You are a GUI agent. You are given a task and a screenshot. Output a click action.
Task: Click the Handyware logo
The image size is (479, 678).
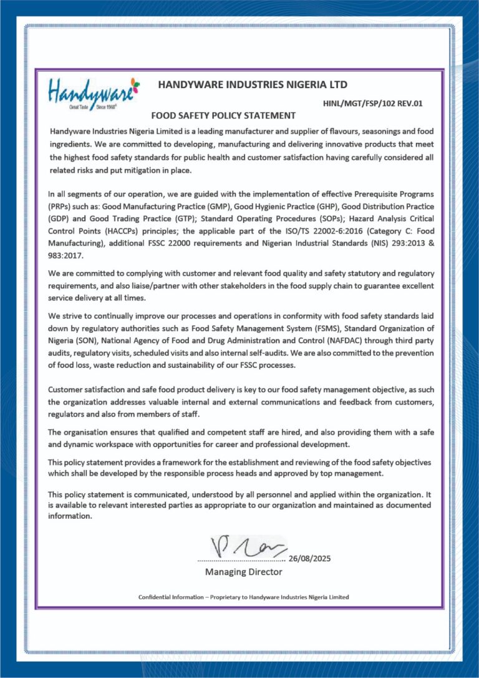pyautogui.click(x=94, y=92)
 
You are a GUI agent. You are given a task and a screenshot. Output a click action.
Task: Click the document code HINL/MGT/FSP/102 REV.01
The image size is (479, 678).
pyautogui.click(x=373, y=103)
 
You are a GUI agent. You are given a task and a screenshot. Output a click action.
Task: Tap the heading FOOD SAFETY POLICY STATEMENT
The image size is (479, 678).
pyautogui.click(x=223, y=115)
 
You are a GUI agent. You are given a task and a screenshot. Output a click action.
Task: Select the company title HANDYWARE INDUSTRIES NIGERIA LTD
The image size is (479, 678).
pyautogui.click(x=253, y=84)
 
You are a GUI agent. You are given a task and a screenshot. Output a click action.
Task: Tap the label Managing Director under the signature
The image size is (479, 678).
pyautogui.click(x=243, y=572)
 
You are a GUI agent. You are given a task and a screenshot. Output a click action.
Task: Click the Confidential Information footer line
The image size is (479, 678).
pyautogui.click(x=243, y=597)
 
